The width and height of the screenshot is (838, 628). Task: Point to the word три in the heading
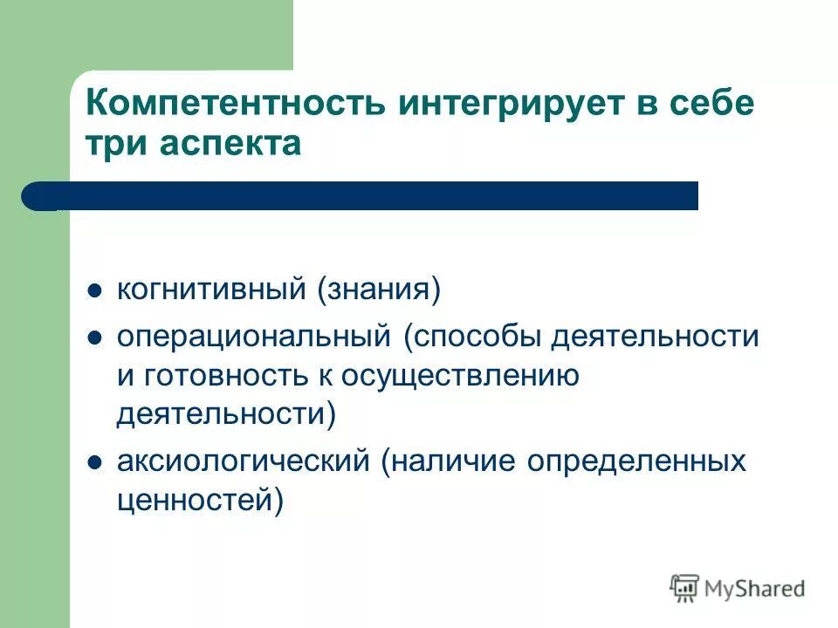pyautogui.click(x=116, y=145)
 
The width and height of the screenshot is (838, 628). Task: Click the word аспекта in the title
pyautogui.click(x=229, y=145)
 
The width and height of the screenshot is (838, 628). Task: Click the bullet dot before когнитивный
pyautogui.click(x=95, y=290)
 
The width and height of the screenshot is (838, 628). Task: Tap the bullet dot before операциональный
pyautogui.click(x=95, y=337)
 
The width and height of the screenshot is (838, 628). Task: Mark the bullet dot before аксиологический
pyautogui.click(x=95, y=462)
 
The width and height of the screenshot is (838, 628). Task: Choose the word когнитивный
pyautogui.click(x=211, y=289)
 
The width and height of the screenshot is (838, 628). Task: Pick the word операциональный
pyautogui.click(x=253, y=336)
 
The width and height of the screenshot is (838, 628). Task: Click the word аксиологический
pyautogui.click(x=244, y=461)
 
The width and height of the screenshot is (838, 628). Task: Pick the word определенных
pyautogui.click(x=636, y=461)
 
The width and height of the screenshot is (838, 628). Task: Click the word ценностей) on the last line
pyautogui.click(x=201, y=501)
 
